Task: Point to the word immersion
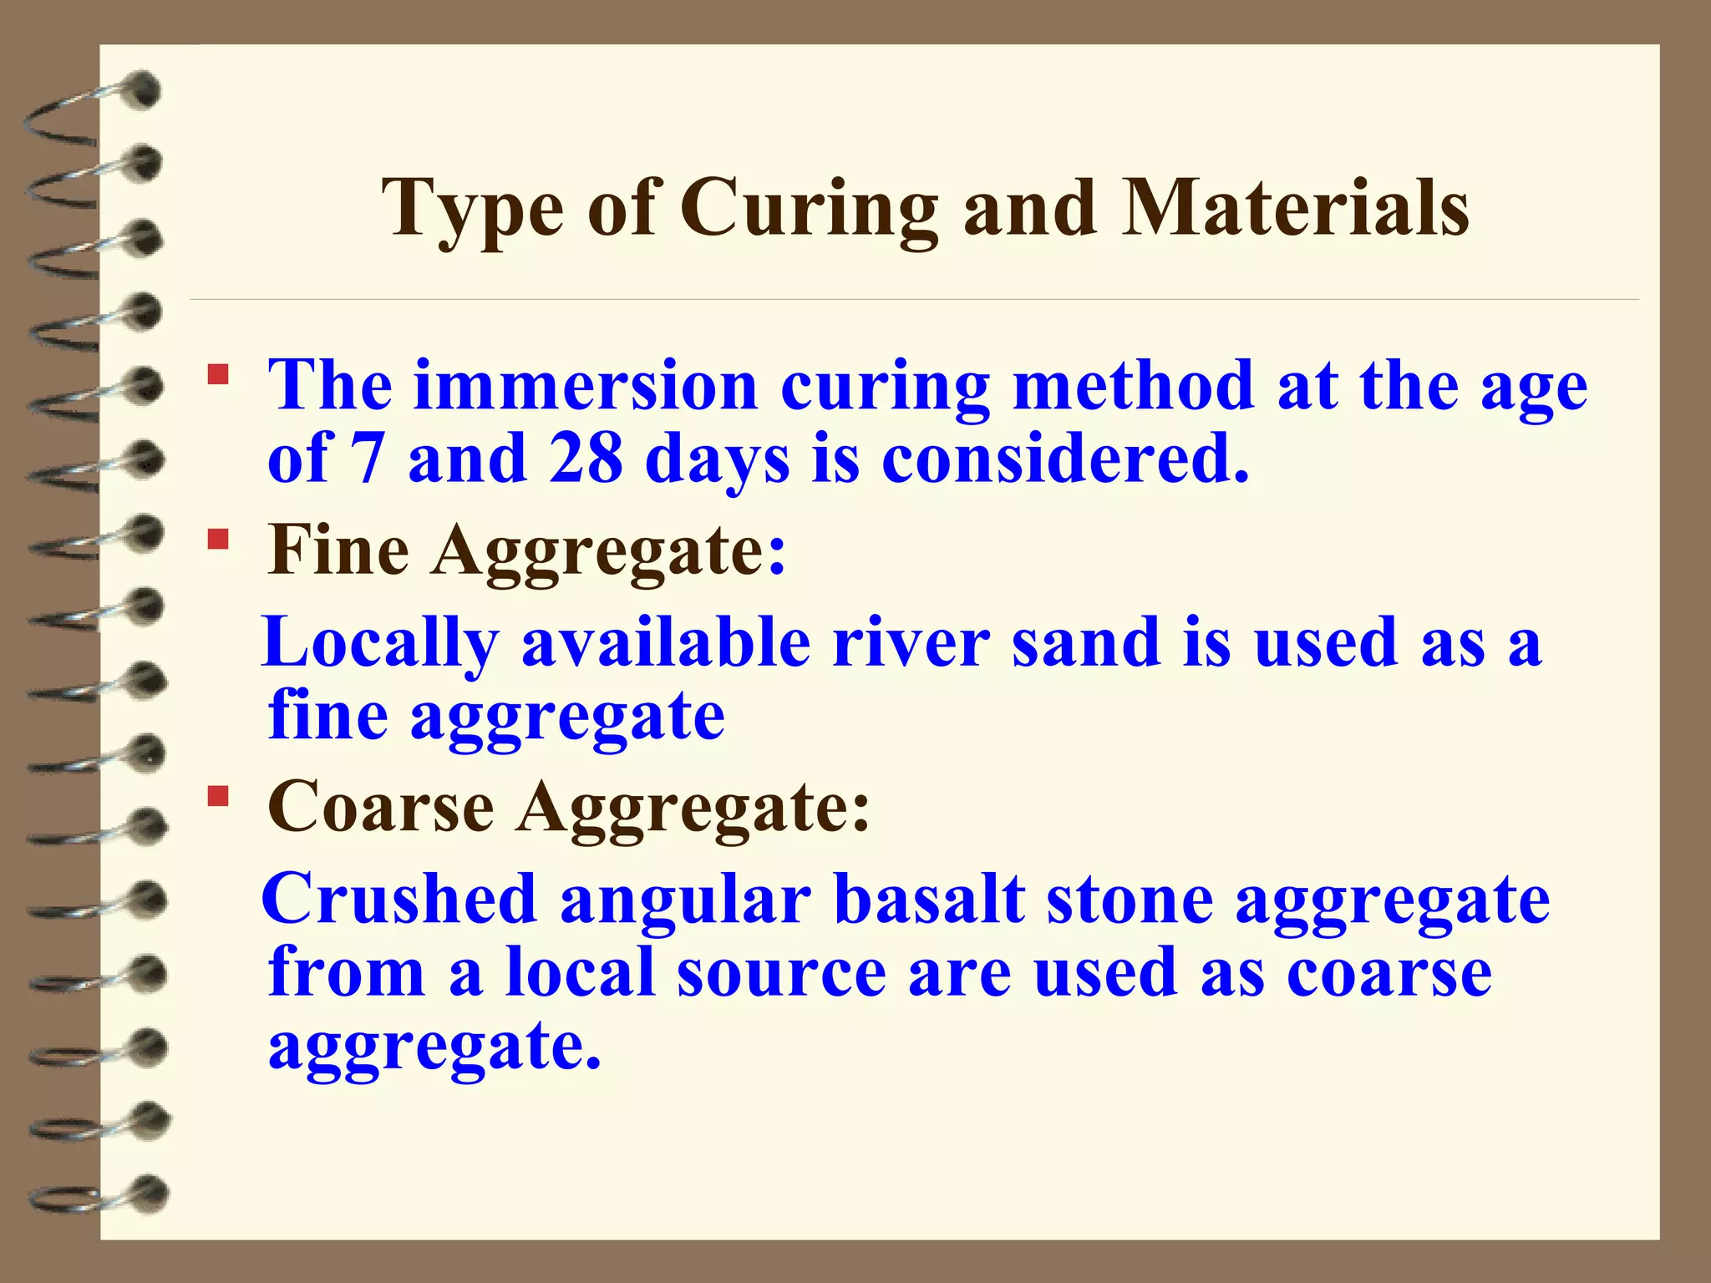(x=585, y=386)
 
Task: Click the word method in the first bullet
(x=1133, y=386)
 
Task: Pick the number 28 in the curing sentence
(x=586, y=459)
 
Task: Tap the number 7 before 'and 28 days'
(x=366, y=459)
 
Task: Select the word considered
(x=1065, y=459)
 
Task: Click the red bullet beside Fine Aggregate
(x=218, y=539)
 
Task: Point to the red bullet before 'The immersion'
(x=218, y=373)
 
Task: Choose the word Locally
(x=380, y=643)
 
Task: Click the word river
(x=911, y=643)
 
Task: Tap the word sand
(x=1086, y=643)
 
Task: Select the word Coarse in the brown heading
(x=380, y=808)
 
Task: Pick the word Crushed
(x=399, y=900)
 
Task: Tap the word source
(x=781, y=974)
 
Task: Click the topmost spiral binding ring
(x=138, y=90)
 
